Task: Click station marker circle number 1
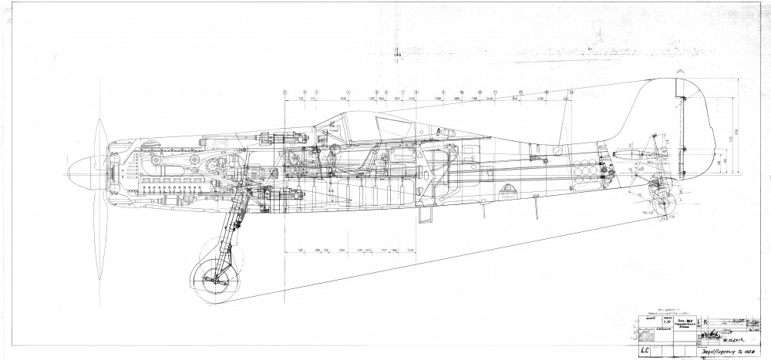click(x=285, y=92)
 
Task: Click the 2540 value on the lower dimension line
click(x=411, y=251)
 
